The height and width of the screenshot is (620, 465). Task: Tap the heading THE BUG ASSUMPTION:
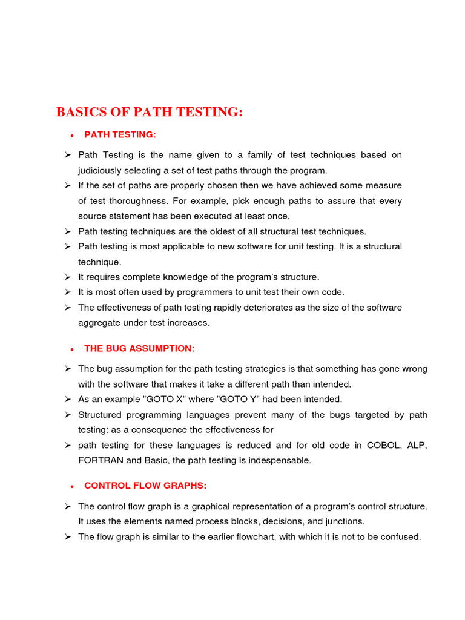(x=139, y=348)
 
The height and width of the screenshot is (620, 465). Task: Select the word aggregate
(x=98, y=323)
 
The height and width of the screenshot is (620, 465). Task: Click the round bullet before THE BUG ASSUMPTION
(x=71, y=349)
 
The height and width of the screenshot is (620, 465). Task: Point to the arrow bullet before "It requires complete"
(x=68, y=277)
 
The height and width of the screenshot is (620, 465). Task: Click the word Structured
(x=100, y=415)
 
